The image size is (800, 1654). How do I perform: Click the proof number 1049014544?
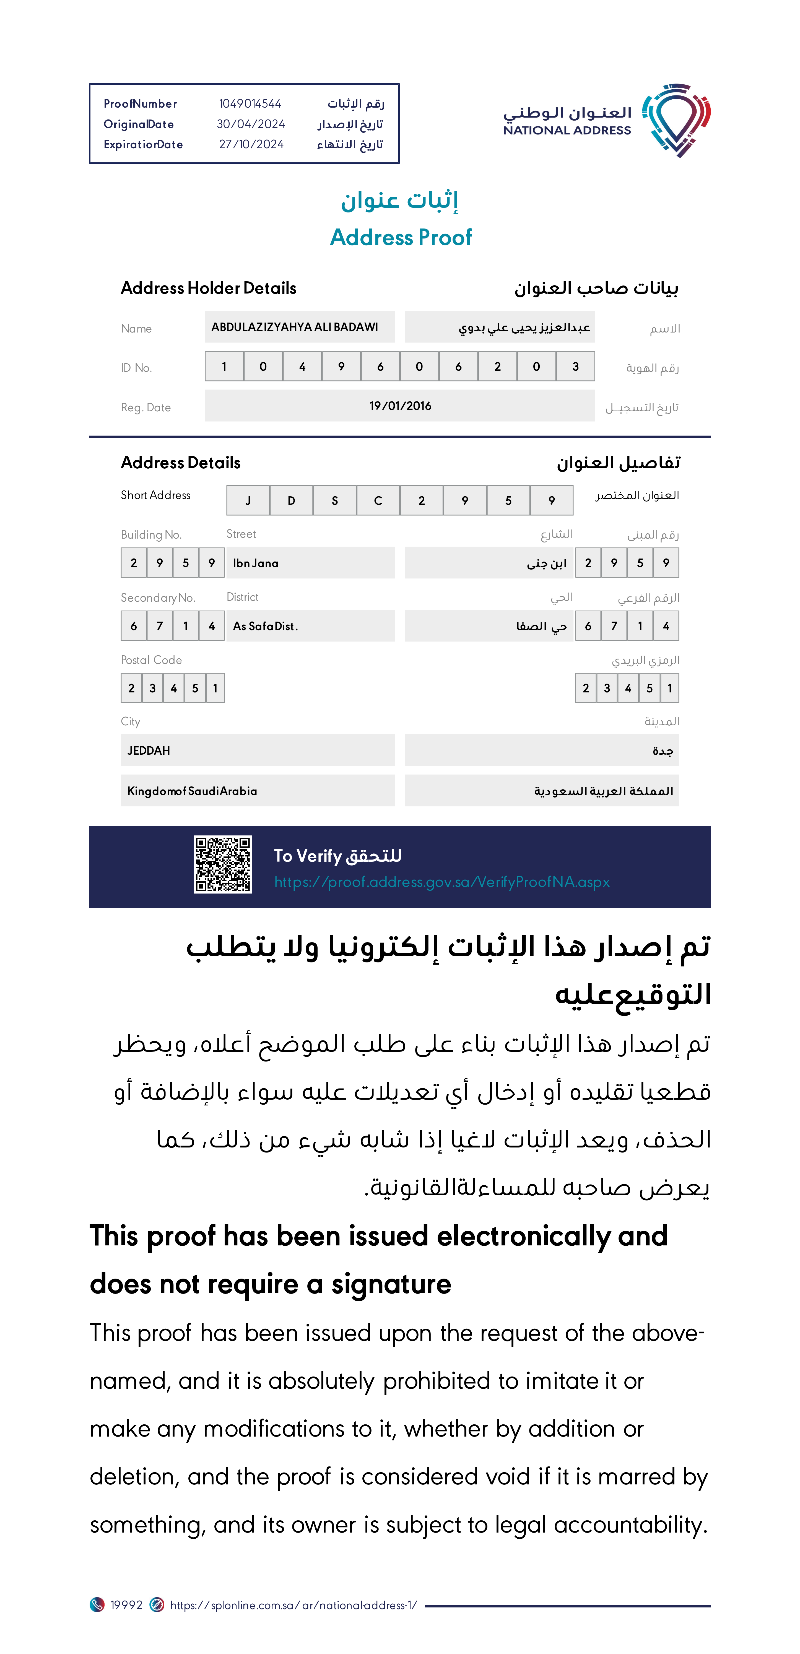pos(250,103)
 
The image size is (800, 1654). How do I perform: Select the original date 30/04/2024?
pos(250,124)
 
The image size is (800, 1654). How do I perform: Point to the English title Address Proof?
pos(401,238)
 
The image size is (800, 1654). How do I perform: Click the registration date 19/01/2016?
pos(400,406)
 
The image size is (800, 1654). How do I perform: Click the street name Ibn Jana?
pos(256,563)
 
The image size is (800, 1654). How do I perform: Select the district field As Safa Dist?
pos(265,626)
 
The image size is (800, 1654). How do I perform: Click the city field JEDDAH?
pos(149,751)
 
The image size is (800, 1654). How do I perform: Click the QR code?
pos(223,864)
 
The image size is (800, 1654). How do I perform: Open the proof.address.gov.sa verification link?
pos(442,882)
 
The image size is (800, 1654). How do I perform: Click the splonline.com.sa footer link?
pos(293,1605)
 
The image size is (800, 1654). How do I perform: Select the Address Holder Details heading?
pos(208,288)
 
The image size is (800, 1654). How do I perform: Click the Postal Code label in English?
pos(152,660)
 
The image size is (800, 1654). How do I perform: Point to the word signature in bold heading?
pos(391,1284)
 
